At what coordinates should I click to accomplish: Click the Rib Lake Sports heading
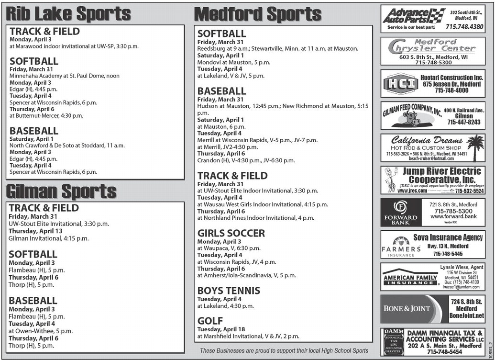coord(68,14)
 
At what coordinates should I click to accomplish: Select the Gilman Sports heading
coord(61,191)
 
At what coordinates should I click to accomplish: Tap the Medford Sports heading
coord(258,14)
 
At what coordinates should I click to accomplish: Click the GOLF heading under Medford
coord(210,321)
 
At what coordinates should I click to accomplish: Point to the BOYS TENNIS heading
coord(229,291)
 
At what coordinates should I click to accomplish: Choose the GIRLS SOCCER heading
coord(231,233)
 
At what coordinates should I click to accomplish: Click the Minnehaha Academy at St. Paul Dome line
coord(65,76)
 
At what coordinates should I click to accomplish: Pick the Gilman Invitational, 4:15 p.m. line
coord(49,238)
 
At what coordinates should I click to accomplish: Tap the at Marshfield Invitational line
coord(248,336)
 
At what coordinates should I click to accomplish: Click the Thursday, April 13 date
coord(35,231)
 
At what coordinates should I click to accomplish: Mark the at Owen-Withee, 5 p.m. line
coord(41,331)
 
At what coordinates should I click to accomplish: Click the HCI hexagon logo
coord(400,84)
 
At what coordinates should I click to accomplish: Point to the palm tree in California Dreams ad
coord(475,147)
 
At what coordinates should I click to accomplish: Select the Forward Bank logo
coord(400,213)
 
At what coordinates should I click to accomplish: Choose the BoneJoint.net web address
coord(466,316)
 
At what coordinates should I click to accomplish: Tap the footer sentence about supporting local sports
coord(284,351)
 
